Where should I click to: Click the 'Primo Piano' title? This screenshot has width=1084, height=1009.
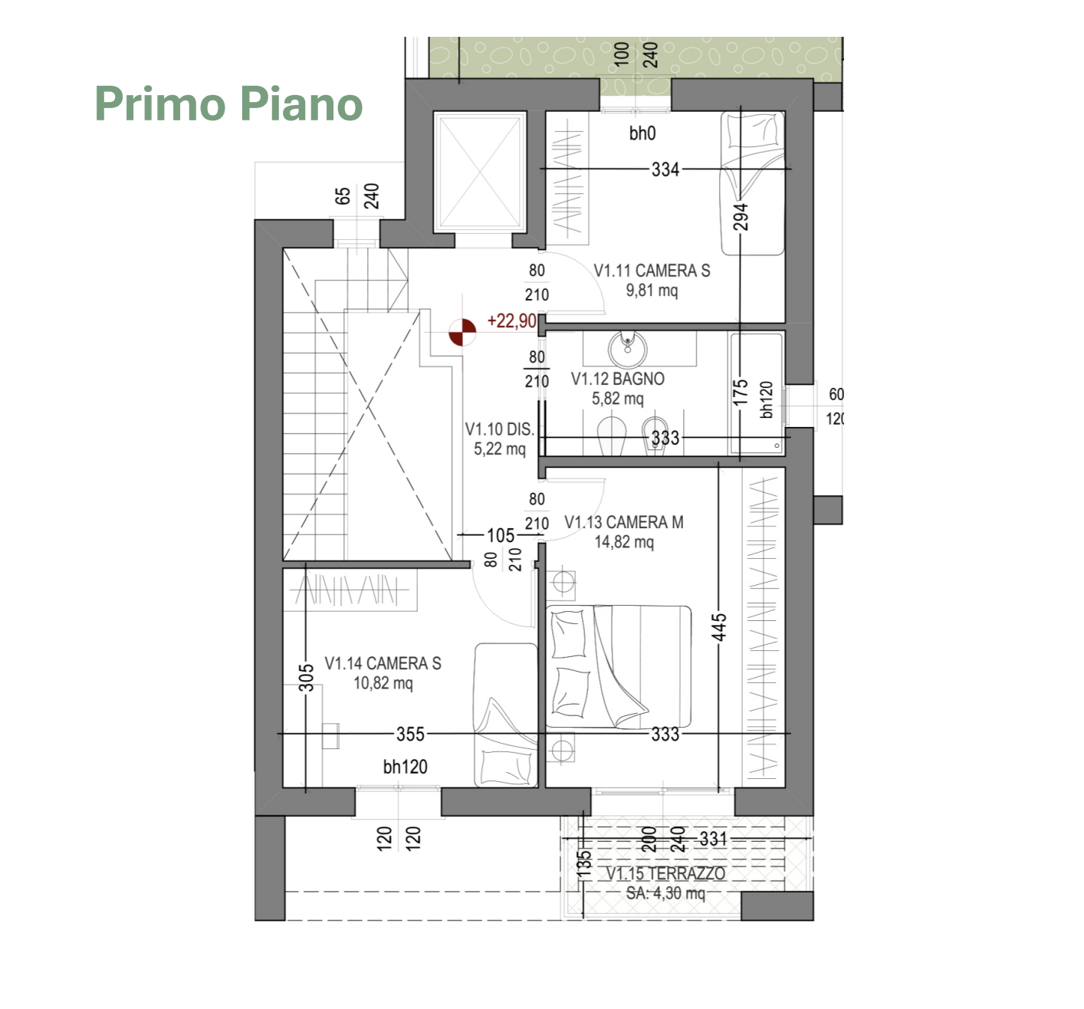(x=228, y=104)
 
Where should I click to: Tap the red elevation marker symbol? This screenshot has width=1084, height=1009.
(x=462, y=332)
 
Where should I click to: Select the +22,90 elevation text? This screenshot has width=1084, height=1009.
(x=511, y=320)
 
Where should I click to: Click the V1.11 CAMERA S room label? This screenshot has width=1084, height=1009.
(x=652, y=271)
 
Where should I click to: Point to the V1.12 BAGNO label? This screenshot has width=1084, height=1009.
(x=617, y=379)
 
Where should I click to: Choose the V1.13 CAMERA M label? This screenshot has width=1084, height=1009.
(x=624, y=523)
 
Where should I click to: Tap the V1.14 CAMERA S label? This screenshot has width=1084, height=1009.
(x=383, y=663)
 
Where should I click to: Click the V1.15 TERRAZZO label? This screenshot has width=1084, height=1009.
(x=665, y=873)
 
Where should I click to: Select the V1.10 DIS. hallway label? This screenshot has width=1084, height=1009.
(x=499, y=429)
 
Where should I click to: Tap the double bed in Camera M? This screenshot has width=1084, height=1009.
(x=619, y=666)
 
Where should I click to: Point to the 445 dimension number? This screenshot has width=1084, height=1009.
(x=719, y=627)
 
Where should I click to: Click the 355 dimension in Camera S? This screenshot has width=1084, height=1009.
(x=410, y=735)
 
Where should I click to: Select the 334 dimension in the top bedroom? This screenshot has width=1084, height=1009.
(x=665, y=169)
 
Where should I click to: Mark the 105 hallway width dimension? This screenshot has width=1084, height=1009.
(x=501, y=536)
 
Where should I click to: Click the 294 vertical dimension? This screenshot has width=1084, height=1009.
(x=741, y=217)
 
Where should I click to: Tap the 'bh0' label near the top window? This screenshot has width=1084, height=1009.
(x=642, y=133)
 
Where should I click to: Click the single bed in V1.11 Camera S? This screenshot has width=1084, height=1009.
(x=753, y=183)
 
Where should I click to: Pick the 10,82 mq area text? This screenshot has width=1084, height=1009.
(x=383, y=684)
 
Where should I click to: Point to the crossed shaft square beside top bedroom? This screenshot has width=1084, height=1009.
(x=480, y=172)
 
